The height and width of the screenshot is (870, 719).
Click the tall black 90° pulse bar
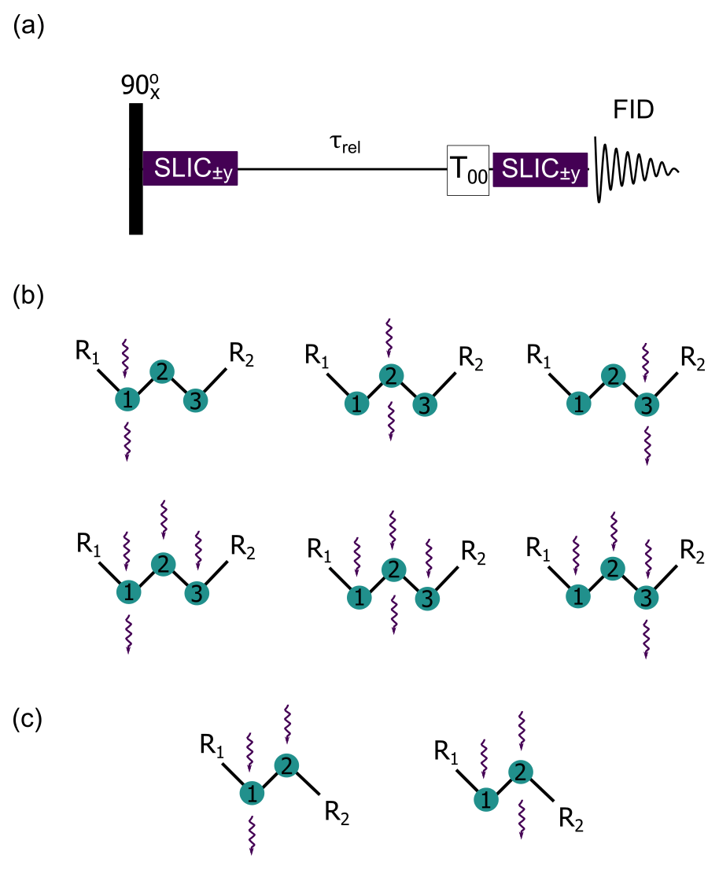pos(136,169)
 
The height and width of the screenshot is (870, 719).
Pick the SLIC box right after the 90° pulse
pos(190,169)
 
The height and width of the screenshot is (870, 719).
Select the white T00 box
pos(468,170)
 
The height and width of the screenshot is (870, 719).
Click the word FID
pos(634,113)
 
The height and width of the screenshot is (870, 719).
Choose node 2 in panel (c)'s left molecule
pos(286,765)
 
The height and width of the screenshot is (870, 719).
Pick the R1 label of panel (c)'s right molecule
pos(447,753)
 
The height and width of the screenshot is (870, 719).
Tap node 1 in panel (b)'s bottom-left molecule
pos(127,591)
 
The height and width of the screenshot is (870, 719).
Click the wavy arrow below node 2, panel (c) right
pos(520,819)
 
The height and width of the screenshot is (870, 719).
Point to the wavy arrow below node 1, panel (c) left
pos(253,835)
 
